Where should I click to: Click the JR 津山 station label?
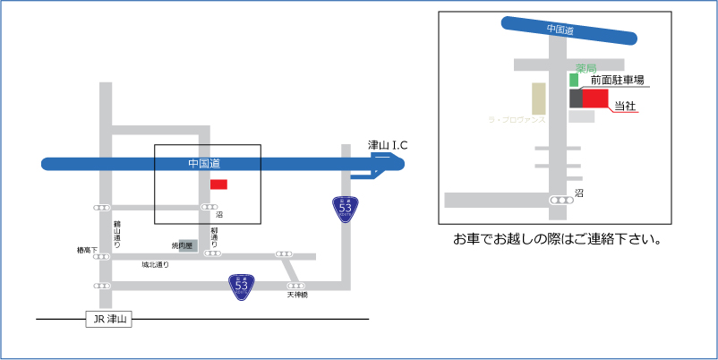coord(107,320)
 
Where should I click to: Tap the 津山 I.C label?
coord(389,145)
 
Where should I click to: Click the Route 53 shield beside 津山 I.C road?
coord(345,210)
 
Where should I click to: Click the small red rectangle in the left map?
coord(218,184)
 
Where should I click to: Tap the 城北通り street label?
coord(155,265)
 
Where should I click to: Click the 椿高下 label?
coord(88,251)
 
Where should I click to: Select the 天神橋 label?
coord(297,295)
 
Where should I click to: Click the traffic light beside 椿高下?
coord(103,256)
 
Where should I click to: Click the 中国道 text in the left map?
coord(204,163)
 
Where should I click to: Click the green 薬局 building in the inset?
coord(575,80)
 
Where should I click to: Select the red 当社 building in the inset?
coord(595,98)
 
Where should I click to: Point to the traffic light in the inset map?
coord(561,200)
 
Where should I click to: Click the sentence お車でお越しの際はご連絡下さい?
coord(557,240)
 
